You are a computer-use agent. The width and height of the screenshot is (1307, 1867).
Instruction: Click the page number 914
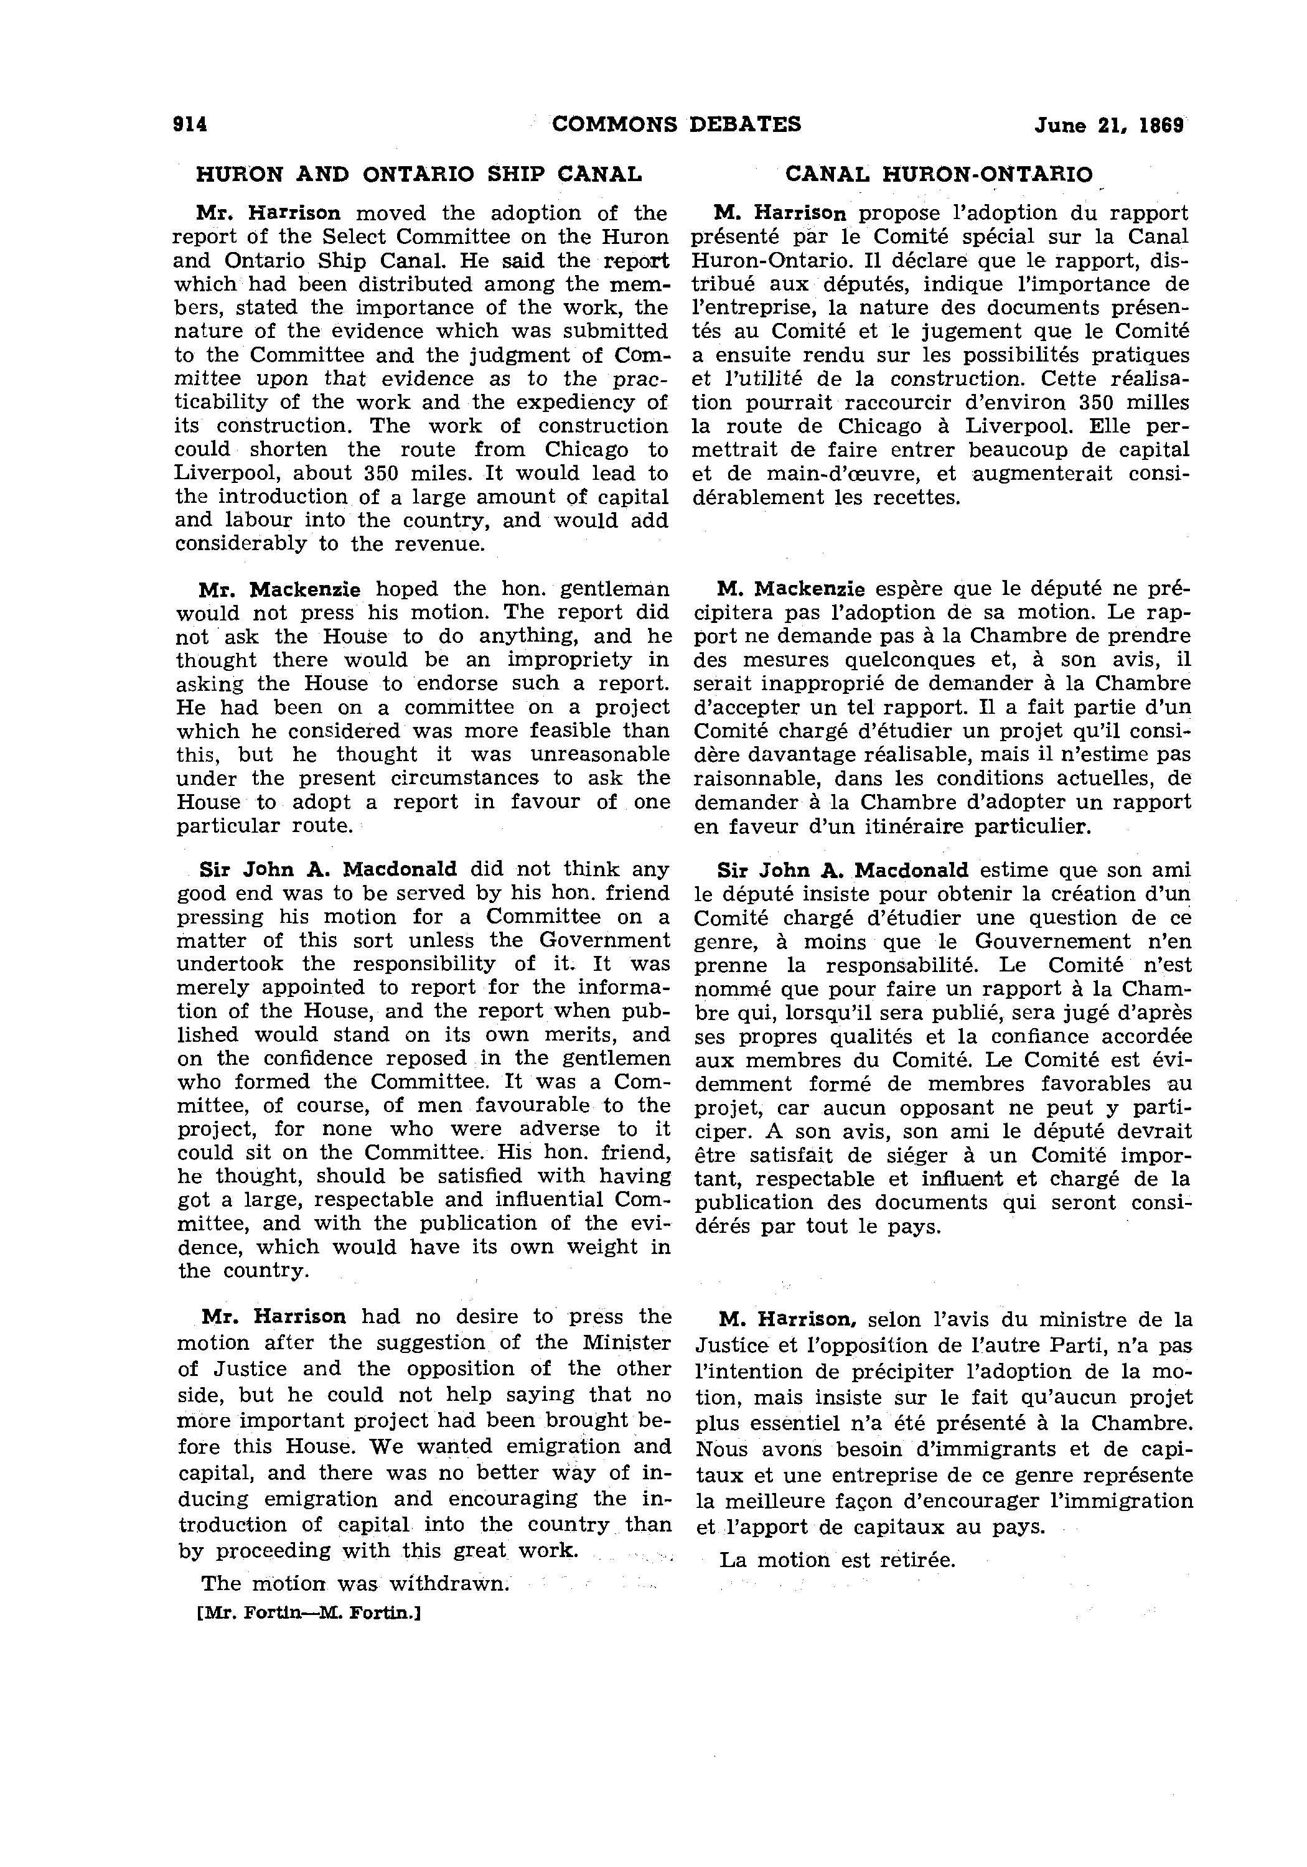(x=191, y=124)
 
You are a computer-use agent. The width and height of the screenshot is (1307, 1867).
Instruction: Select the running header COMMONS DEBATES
(x=676, y=124)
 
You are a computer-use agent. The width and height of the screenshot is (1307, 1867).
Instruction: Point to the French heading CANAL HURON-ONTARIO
(x=939, y=174)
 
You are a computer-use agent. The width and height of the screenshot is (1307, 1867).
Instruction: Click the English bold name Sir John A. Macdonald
(x=328, y=869)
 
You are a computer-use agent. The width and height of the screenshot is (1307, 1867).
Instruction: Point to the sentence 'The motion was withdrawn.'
(x=355, y=1583)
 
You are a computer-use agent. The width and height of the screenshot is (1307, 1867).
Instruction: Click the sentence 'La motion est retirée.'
(x=837, y=1560)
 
